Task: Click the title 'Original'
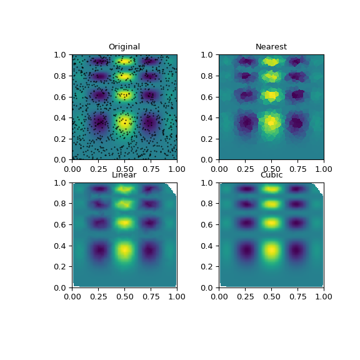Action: (x=124, y=47)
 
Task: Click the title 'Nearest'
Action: (x=271, y=47)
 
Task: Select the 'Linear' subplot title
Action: (x=124, y=175)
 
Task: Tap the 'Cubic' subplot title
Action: (x=271, y=175)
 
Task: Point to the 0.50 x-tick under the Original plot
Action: (x=124, y=168)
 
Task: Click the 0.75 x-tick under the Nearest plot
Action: (x=297, y=168)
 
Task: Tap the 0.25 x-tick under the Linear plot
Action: (x=98, y=296)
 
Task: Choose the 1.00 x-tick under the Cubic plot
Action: (x=324, y=296)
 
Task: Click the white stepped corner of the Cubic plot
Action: (x=319, y=187)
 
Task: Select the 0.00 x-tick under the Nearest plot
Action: (x=219, y=168)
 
